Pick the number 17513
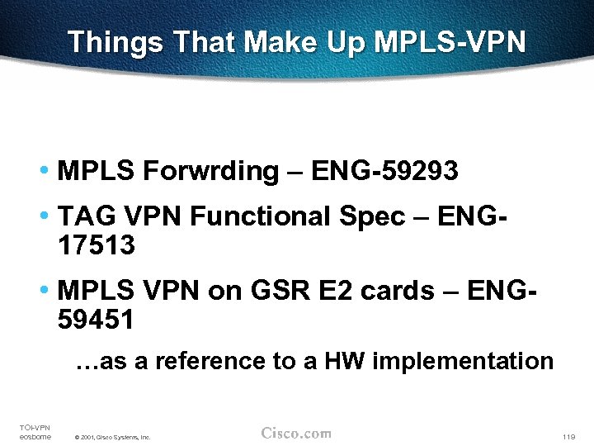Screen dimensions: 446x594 click(x=97, y=245)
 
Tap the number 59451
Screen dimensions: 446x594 click(x=97, y=320)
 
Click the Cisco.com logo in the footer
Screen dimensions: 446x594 click(x=295, y=433)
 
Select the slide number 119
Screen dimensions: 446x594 click(x=567, y=436)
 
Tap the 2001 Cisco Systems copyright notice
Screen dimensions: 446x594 click(x=112, y=437)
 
